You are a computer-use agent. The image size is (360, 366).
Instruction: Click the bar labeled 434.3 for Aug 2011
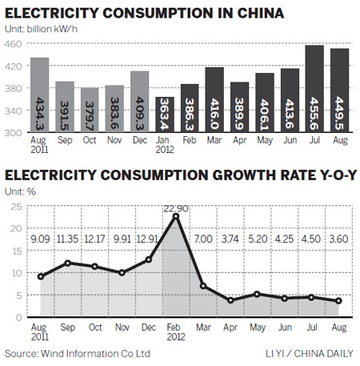tap(39, 95)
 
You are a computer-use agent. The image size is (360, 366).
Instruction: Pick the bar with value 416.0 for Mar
tap(214, 100)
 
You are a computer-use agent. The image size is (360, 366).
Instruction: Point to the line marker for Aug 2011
tap(41, 276)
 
